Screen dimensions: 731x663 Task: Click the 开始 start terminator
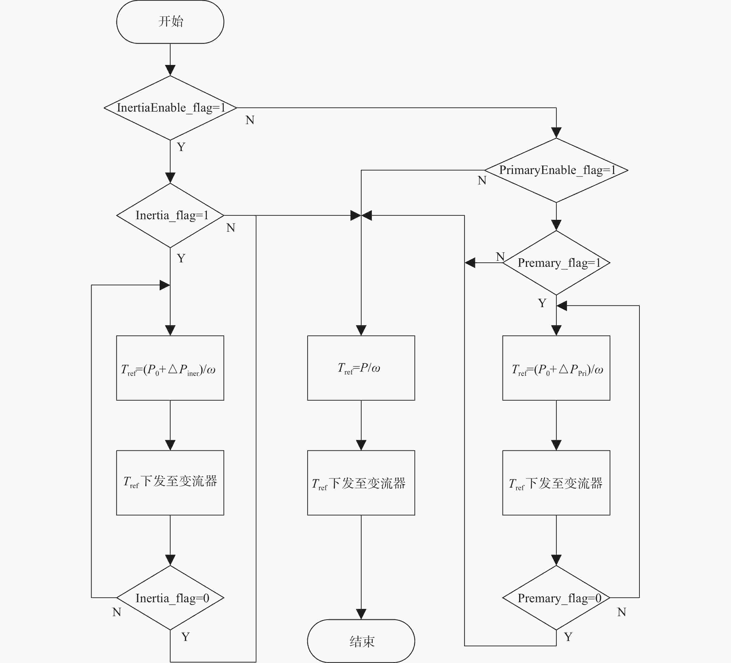pyautogui.click(x=170, y=22)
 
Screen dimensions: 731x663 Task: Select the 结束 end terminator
pyautogui.click(x=361, y=641)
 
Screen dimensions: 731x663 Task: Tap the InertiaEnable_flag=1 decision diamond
pyautogui.click(x=170, y=108)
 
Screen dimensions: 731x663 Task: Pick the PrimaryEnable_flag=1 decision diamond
pyautogui.click(x=556, y=170)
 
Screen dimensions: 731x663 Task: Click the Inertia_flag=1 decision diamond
pyautogui.click(x=170, y=215)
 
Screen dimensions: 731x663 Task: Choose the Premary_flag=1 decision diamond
pyautogui.click(x=556, y=262)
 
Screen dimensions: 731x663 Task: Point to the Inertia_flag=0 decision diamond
pyautogui.click(x=170, y=598)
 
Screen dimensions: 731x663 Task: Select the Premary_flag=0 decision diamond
pyautogui.click(x=556, y=598)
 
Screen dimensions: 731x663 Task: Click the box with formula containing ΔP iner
pyautogui.click(x=170, y=368)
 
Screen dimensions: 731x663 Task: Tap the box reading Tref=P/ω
pyautogui.click(x=361, y=368)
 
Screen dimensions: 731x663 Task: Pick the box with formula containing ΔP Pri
pyautogui.click(x=556, y=368)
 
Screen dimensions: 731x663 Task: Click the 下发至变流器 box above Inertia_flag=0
pyautogui.click(x=170, y=483)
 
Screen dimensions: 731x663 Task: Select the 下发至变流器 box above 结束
pyautogui.click(x=361, y=483)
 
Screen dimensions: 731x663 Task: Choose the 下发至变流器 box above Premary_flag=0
pyautogui.click(x=556, y=483)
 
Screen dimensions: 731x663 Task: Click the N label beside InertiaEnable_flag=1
pyautogui.click(x=250, y=120)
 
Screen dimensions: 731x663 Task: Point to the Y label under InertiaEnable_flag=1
pyautogui.click(x=181, y=147)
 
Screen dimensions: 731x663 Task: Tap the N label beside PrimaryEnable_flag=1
pyautogui.click(x=482, y=180)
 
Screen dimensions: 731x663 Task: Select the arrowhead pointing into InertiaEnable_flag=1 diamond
pyautogui.click(x=170, y=70)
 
